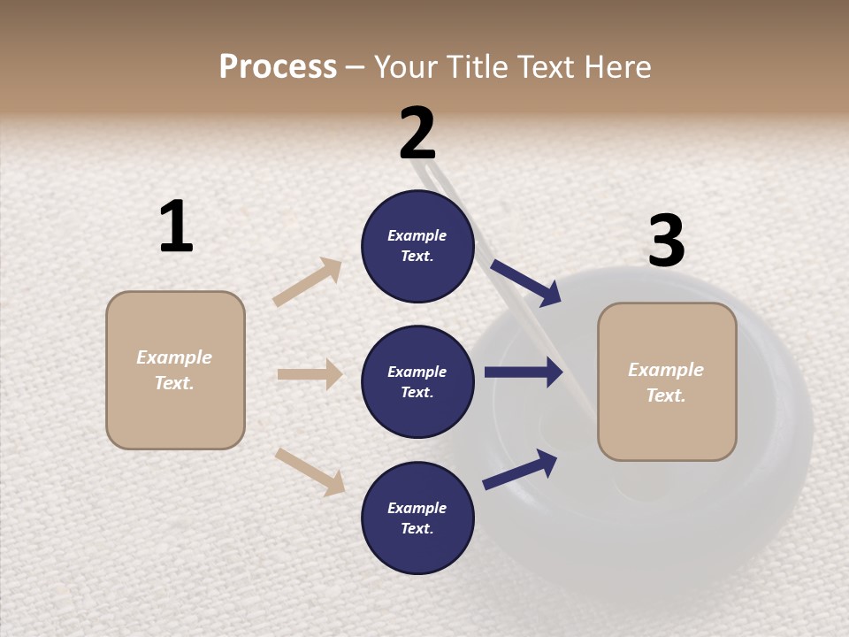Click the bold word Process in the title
pyautogui.click(x=278, y=67)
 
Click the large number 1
pyautogui.click(x=176, y=227)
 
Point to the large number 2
pyautogui.click(x=417, y=134)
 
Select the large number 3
pyautogui.click(x=666, y=242)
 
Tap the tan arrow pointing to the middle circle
pyautogui.click(x=310, y=374)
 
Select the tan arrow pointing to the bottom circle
pyautogui.click(x=310, y=471)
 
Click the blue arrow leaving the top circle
pyautogui.click(x=526, y=282)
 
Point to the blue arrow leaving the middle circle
pyautogui.click(x=524, y=372)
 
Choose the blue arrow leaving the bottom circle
pyautogui.click(x=520, y=470)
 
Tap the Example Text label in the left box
pyautogui.click(x=174, y=370)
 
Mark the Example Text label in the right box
pyautogui.click(x=666, y=382)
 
